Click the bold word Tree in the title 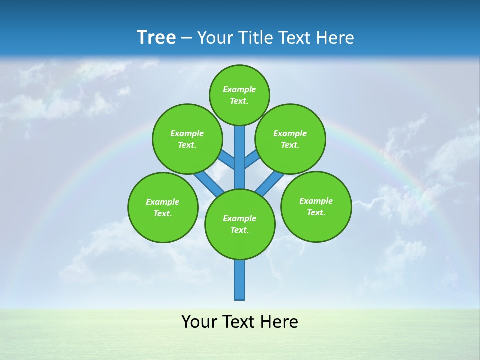tap(156, 37)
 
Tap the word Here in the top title tap(335, 37)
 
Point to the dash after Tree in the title tap(186, 38)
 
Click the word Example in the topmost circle tap(239, 90)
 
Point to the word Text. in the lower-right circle tap(316, 212)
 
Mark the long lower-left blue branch tap(209, 182)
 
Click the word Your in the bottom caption tap(198, 322)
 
